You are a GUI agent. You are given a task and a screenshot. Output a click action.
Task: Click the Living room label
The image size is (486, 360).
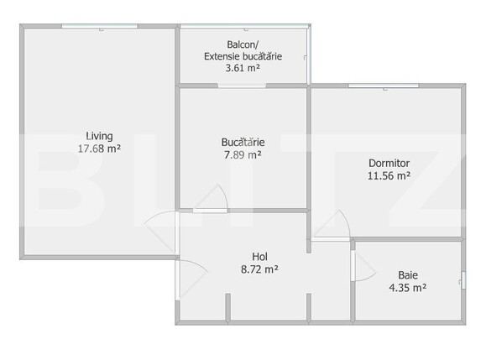pyautogui.click(x=99, y=136)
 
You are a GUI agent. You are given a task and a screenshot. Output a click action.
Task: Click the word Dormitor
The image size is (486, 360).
pyautogui.click(x=389, y=163)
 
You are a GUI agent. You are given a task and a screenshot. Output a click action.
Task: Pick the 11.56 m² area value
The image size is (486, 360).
pyautogui.click(x=389, y=176)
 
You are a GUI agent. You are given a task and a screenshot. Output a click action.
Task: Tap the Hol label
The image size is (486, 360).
pyautogui.click(x=259, y=257)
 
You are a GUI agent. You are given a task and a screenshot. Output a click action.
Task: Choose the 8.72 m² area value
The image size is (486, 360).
pyautogui.click(x=259, y=269)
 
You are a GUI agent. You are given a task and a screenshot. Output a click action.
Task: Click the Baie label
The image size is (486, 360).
pyautogui.click(x=407, y=274)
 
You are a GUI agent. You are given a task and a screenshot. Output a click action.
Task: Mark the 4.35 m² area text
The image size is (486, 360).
pyautogui.click(x=407, y=287)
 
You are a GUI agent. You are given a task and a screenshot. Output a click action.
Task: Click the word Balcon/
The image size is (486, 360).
pyautogui.click(x=242, y=44)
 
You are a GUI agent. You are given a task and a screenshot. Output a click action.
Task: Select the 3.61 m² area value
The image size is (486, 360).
pyautogui.click(x=242, y=69)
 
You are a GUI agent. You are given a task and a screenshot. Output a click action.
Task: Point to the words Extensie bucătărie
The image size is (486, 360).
pyautogui.click(x=242, y=56)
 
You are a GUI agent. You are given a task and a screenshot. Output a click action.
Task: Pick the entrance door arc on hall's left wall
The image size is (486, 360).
pyautogui.click(x=191, y=275)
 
